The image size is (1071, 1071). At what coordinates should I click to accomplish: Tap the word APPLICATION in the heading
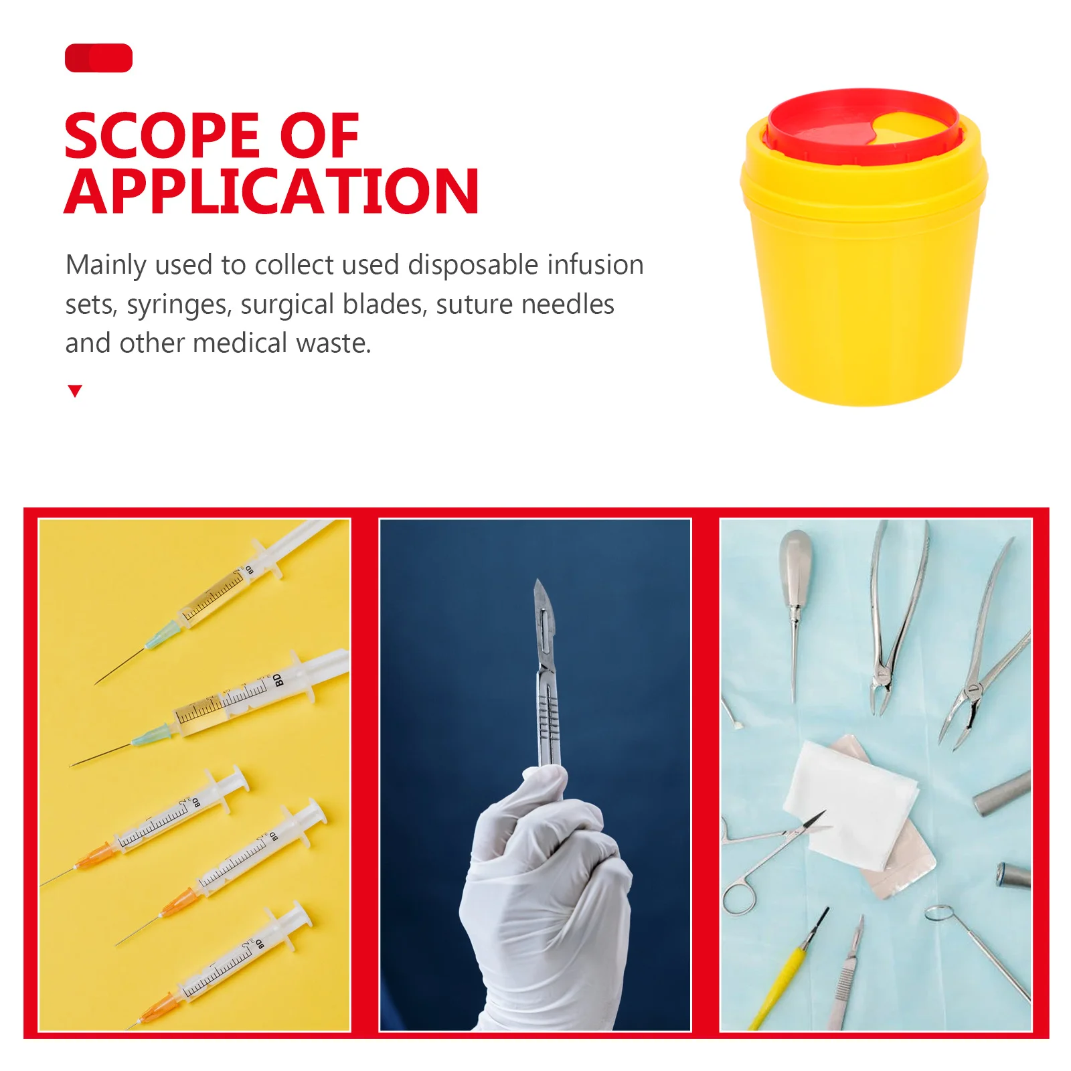(271, 192)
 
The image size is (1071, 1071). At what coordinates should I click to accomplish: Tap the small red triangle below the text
(75, 391)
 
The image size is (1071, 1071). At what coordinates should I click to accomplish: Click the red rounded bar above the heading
(98, 58)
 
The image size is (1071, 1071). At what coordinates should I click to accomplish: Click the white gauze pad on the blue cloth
(850, 803)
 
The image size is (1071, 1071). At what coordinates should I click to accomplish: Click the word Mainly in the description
(105, 265)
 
